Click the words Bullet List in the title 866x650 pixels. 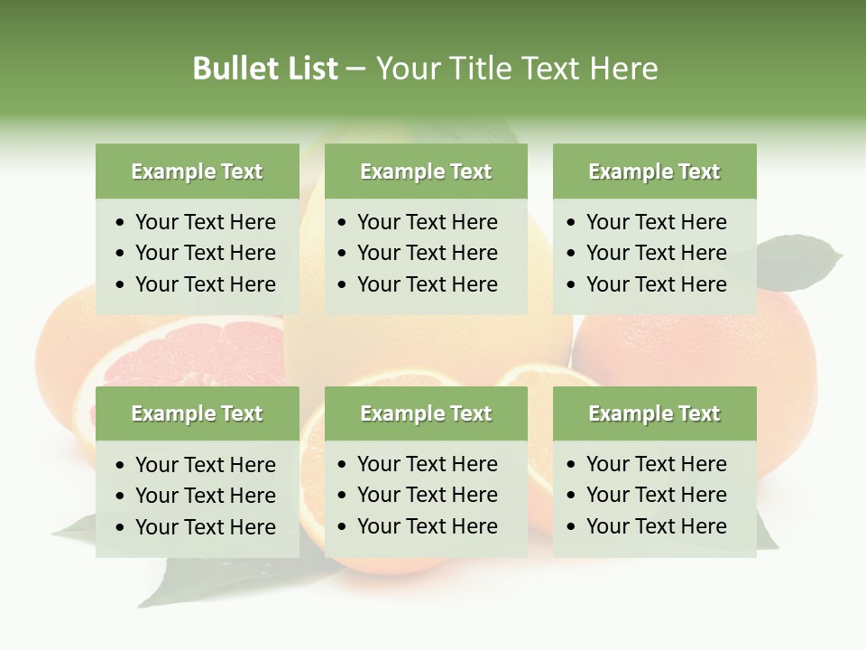[265, 69]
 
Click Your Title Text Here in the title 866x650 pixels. [516, 69]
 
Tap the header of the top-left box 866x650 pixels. [197, 172]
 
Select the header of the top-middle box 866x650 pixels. [426, 172]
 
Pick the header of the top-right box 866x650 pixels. [654, 172]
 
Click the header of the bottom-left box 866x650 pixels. [197, 413]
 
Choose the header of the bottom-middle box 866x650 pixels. [426, 413]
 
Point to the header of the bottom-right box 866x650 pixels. [654, 413]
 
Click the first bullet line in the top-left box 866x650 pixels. [205, 222]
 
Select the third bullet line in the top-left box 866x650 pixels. [205, 284]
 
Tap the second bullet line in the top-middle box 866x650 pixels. [427, 253]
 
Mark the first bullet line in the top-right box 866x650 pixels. [656, 222]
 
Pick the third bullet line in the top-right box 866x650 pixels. [656, 284]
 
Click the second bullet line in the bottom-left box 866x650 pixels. [205, 496]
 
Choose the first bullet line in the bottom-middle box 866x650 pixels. [427, 464]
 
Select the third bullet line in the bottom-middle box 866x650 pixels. [427, 526]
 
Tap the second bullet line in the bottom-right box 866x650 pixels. [656, 495]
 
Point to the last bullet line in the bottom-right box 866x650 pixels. [656, 526]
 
